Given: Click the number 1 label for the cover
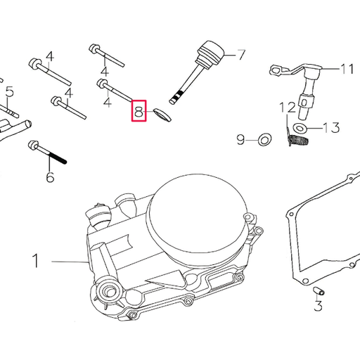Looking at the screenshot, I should point(35,262).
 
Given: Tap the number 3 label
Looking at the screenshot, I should point(318,306).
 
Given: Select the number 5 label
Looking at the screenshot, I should point(9,91).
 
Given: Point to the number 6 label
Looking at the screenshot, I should point(50,176).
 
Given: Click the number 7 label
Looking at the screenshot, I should point(240,54).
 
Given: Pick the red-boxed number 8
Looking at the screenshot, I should point(139,110).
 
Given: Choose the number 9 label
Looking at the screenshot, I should point(241,141).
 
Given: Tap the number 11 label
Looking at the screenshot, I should point(347,69).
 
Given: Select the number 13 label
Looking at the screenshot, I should point(331,127).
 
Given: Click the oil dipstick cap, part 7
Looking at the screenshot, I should point(210,53).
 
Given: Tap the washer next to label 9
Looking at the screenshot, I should point(264,140).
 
